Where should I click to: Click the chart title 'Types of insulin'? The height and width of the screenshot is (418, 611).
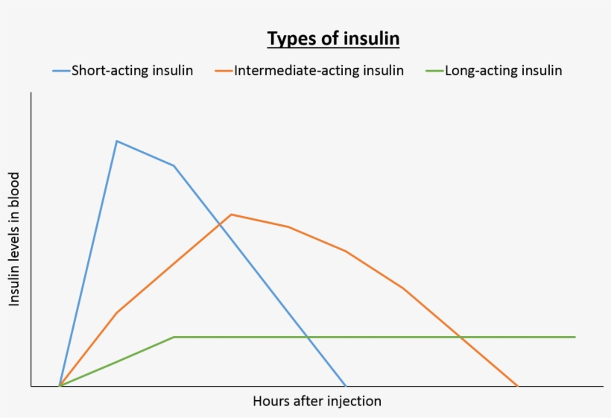(333, 39)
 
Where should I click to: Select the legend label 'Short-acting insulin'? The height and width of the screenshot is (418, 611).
(132, 71)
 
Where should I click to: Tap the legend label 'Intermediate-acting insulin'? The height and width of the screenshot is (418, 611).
(318, 71)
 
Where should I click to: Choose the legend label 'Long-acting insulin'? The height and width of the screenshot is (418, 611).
(503, 71)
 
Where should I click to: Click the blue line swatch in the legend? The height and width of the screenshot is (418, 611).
(60, 71)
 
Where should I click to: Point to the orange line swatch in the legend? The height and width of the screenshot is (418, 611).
(224, 71)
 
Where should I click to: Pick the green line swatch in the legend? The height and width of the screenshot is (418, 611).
(434, 71)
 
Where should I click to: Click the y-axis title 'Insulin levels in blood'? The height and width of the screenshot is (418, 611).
(14, 238)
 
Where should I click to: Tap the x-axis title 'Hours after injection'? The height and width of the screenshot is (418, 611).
(317, 401)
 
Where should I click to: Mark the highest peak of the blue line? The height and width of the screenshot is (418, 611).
(117, 141)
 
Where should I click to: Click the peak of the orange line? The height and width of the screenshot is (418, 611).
(232, 215)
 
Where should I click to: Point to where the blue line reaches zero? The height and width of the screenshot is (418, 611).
(346, 386)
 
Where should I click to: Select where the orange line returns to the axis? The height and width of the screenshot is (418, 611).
(517, 386)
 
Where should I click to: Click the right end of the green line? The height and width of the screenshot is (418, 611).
(574, 337)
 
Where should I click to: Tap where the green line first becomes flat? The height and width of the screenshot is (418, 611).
(174, 337)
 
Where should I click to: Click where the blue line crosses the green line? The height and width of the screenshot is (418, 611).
(307, 337)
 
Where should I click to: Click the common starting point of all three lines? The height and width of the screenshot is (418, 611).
(60, 386)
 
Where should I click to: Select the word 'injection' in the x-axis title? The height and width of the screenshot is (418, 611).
(352, 401)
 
